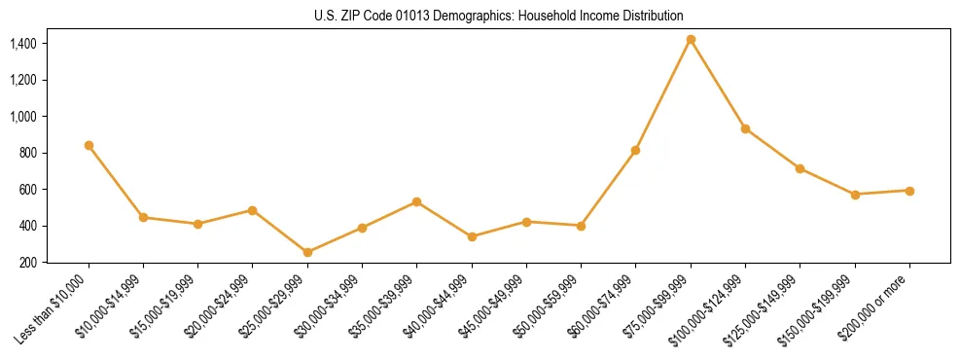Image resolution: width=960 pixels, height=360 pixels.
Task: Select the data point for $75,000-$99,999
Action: click(x=691, y=40)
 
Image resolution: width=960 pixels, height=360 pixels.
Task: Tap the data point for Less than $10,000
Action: click(x=89, y=145)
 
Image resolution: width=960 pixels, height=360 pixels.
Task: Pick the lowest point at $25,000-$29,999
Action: click(x=307, y=252)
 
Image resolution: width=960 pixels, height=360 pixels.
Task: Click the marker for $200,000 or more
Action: click(x=909, y=191)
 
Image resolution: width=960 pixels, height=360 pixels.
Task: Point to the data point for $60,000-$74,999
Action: click(x=635, y=150)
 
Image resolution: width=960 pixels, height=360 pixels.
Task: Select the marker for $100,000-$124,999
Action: click(x=745, y=128)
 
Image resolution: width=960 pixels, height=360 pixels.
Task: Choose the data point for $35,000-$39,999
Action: click(x=416, y=201)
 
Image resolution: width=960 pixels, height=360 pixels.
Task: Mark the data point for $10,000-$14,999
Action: click(x=143, y=217)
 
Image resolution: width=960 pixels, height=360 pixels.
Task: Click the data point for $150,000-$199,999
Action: click(x=855, y=195)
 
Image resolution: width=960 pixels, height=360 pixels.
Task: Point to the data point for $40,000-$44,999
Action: click(x=472, y=236)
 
